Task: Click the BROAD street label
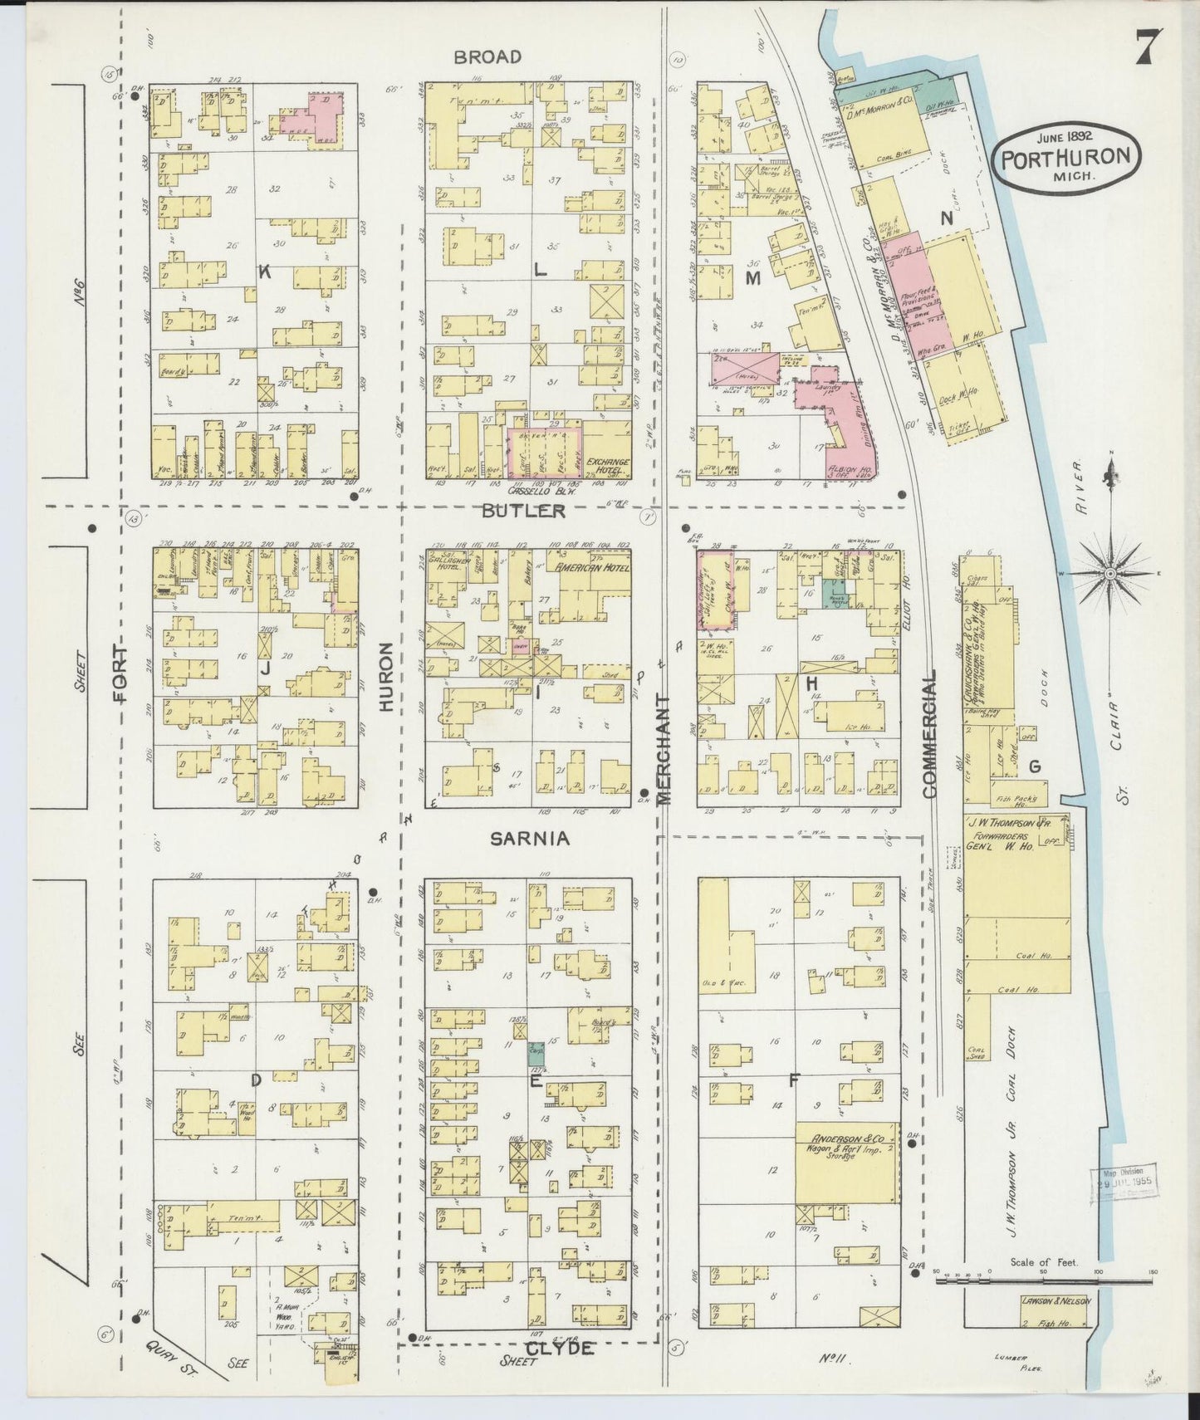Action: [x=487, y=56]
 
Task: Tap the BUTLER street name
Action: [x=524, y=511]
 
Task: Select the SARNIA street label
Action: [x=529, y=839]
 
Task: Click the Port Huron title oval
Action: [x=1065, y=157]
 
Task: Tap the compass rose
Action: [x=1110, y=574]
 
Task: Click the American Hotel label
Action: [x=592, y=568]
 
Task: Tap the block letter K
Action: [x=265, y=271]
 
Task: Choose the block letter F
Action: [x=794, y=1080]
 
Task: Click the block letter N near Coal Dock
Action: [x=945, y=218]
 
